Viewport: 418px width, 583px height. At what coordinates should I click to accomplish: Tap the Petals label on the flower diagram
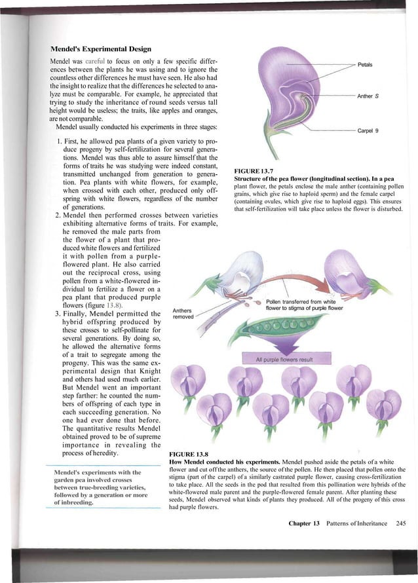pyautogui.click(x=366, y=66)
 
